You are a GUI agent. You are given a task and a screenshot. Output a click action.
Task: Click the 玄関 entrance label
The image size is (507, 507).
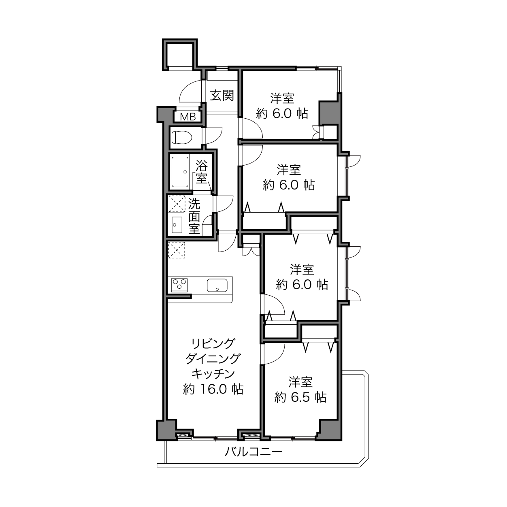pyautogui.click(x=222, y=95)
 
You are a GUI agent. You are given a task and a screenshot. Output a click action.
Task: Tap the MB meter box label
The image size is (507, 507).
pyautogui.click(x=188, y=117)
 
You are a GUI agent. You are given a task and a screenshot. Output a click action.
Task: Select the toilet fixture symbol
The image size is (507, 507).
pyautogui.click(x=181, y=137)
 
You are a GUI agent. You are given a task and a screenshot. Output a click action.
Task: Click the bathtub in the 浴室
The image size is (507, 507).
pyautogui.click(x=180, y=172)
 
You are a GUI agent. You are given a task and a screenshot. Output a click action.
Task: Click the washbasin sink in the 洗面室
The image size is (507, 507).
pyautogui.click(x=177, y=225)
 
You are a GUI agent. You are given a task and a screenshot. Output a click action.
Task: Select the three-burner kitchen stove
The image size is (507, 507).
pyautogui.click(x=179, y=285)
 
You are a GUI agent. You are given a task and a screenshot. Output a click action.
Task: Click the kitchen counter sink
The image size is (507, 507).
pyautogui.click(x=217, y=285)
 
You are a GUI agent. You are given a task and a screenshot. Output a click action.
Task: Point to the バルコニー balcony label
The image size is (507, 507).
pyautogui.click(x=253, y=452)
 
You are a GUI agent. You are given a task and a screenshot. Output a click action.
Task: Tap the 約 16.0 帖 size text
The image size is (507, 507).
pyautogui.click(x=213, y=389)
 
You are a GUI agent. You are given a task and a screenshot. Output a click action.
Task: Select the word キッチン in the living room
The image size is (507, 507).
pyautogui.click(x=213, y=374)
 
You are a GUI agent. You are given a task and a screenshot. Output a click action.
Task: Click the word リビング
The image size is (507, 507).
pyautogui.click(x=213, y=343)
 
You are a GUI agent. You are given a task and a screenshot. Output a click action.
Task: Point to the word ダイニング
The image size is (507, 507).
pyautogui.click(x=213, y=358)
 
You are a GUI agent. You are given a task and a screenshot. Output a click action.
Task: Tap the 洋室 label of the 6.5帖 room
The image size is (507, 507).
pyautogui.click(x=300, y=382)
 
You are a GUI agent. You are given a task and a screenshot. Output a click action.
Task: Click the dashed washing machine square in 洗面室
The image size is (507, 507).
pyautogui.click(x=177, y=204)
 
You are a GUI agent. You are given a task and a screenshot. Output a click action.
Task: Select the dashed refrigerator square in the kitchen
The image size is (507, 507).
pyautogui.click(x=177, y=250)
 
